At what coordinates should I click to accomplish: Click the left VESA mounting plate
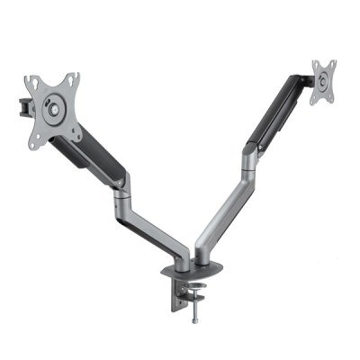tap(56, 103)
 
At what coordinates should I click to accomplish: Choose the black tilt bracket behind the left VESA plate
tap(20, 104)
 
